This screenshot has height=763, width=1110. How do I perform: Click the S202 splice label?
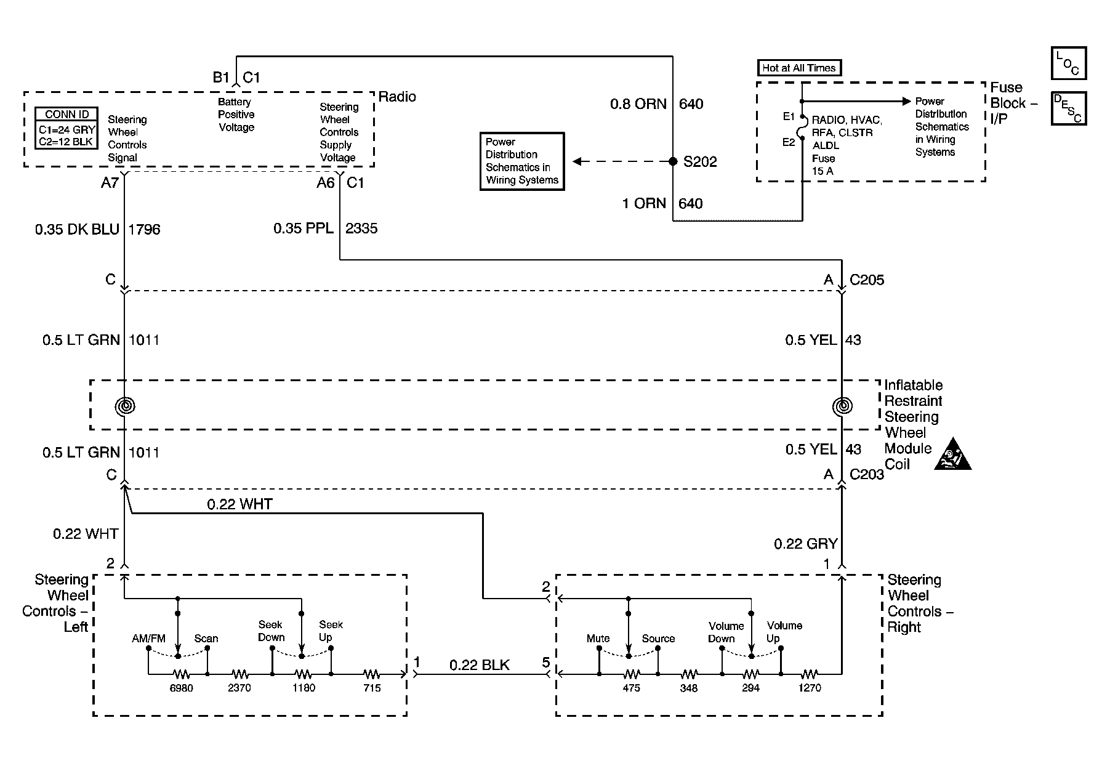[x=700, y=162]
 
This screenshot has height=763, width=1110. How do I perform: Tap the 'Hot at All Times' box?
[x=799, y=68]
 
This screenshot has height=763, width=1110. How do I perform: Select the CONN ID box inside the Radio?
[x=67, y=129]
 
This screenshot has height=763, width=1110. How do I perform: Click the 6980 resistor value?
[x=182, y=688]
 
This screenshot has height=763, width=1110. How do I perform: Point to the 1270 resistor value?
[x=810, y=688]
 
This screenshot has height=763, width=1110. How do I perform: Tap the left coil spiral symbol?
[x=125, y=406]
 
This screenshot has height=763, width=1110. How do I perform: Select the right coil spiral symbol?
[x=842, y=406]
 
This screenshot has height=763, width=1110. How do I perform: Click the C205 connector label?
[x=867, y=280]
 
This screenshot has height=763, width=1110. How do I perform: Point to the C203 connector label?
[x=867, y=474]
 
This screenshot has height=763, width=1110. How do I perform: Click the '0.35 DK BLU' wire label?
[x=77, y=230]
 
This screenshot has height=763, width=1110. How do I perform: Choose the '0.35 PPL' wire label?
[x=304, y=228]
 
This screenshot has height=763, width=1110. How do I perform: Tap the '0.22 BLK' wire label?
[x=480, y=665]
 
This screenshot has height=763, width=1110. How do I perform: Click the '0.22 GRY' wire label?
[x=806, y=544]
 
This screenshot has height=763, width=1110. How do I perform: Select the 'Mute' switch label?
[x=598, y=639]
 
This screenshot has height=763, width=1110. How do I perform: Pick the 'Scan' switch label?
[x=206, y=639]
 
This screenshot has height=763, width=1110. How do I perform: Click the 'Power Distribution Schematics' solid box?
[x=522, y=161]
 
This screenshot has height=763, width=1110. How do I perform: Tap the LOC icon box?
[x=1069, y=63]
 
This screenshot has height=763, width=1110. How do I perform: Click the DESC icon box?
[x=1069, y=108]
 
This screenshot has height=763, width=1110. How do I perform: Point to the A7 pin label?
[x=110, y=183]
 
